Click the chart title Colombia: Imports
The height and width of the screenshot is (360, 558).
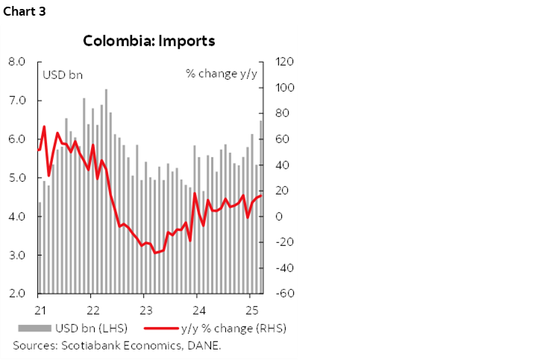pos(148,41)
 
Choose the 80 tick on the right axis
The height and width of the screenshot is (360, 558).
pos(283,113)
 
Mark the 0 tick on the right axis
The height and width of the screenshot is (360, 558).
pos(280,217)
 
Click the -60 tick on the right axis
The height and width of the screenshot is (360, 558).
pos(285,294)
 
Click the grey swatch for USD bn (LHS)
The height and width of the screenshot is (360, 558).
pos(33,328)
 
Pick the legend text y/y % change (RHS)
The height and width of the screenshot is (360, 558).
pos(233,328)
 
